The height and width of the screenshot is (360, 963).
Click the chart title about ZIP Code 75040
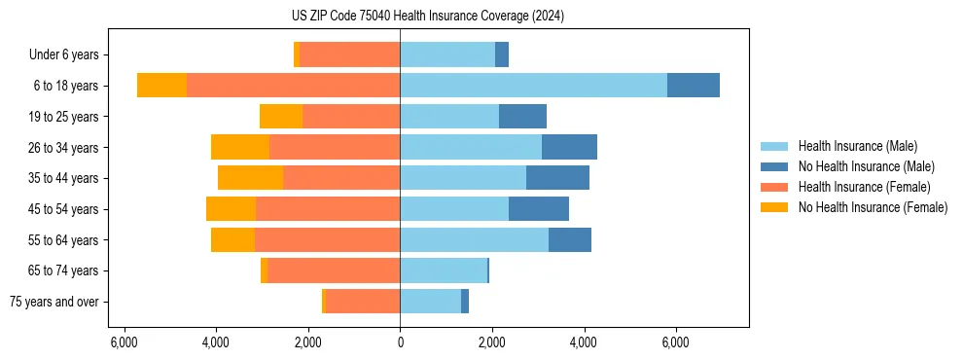pos(427,17)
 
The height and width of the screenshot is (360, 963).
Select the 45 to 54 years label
pos(63,209)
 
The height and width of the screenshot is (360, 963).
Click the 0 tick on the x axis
pos(400,342)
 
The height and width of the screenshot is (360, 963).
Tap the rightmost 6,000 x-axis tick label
pos(675,342)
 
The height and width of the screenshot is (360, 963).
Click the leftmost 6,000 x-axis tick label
pos(124,342)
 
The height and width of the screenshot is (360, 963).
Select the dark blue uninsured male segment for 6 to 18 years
pos(694,86)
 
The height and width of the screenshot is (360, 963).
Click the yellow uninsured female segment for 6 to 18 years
pos(161,86)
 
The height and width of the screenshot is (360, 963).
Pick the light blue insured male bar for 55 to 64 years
pos(474,240)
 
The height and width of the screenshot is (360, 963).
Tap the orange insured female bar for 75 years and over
pos(362,302)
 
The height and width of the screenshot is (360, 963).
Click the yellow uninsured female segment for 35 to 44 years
pos(250,178)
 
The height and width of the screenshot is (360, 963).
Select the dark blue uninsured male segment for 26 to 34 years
pos(569,147)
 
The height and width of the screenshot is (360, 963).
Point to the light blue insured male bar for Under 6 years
pos(447,55)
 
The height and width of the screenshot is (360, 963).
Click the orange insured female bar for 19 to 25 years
pos(351,117)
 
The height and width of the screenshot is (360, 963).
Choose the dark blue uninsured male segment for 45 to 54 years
pos(539,209)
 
